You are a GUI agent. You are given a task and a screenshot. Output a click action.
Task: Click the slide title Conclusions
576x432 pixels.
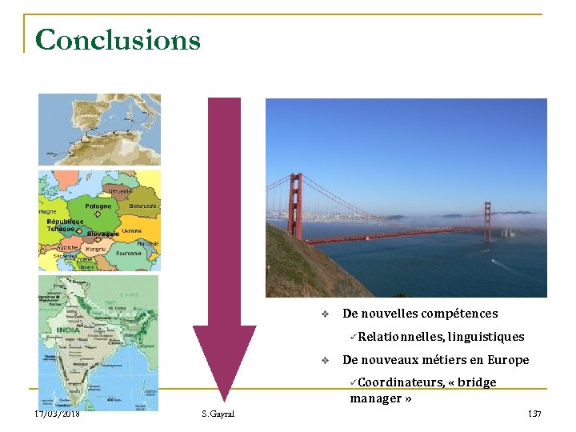coord(118,39)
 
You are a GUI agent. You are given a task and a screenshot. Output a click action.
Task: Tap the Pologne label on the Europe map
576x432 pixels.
coord(98,206)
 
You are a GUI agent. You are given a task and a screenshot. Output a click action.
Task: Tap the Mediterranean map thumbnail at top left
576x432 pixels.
coord(99,130)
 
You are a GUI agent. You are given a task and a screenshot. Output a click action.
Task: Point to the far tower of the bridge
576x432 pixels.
coord(487,220)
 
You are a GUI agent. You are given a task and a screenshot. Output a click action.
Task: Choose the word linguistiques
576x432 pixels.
coord(486,337)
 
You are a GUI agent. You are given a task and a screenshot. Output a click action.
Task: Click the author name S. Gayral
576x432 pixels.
coord(218,414)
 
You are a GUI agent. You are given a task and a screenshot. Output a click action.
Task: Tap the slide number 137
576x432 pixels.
coord(534,414)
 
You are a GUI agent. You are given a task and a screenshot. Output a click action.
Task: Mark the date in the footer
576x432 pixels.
coord(57,414)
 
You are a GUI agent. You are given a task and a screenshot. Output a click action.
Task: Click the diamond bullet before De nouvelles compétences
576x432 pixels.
coord(324,314)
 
